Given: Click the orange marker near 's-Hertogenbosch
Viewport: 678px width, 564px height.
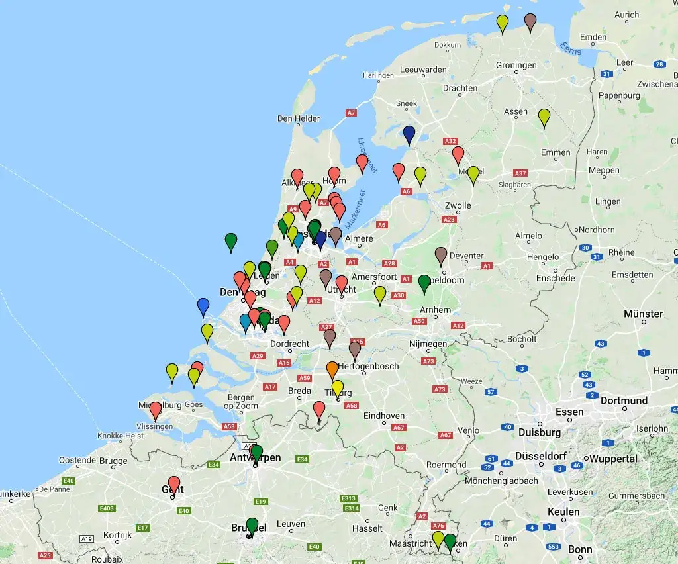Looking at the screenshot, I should click(x=332, y=369).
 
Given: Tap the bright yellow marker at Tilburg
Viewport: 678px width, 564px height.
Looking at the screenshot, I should click(x=338, y=387).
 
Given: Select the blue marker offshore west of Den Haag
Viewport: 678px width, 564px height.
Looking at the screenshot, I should click(x=203, y=306).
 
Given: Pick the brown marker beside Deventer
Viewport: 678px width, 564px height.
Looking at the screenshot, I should click(x=441, y=255).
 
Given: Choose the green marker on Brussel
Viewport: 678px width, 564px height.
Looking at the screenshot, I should click(x=252, y=526).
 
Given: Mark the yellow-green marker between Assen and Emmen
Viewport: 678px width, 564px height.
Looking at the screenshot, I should click(x=544, y=117).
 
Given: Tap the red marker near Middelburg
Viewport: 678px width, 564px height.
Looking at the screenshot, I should click(x=156, y=410).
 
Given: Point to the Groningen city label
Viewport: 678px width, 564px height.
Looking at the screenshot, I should click(x=516, y=66).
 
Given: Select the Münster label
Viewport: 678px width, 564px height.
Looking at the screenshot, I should click(x=643, y=314).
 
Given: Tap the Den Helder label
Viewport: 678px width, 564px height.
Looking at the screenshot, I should click(x=299, y=119).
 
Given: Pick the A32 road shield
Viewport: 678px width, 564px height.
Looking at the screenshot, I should click(x=451, y=141).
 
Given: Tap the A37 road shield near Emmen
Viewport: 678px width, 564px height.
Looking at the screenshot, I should click(x=521, y=173).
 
